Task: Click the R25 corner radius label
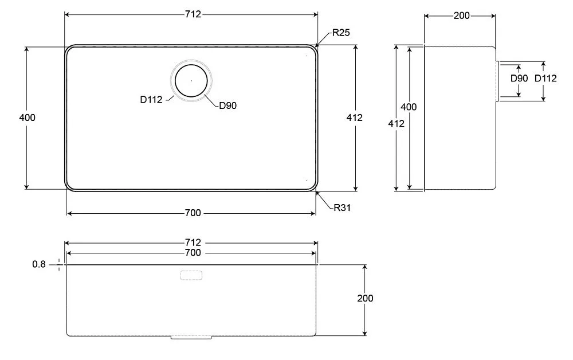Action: tap(341, 33)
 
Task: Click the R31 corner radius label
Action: tap(342, 208)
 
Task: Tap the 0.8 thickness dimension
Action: tap(39, 264)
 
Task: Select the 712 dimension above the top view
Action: tap(193, 14)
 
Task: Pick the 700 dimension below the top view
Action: tap(193, 213)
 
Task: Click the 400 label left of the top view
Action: tap(28, 118)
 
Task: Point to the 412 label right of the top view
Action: tap(355, 118)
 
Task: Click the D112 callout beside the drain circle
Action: tap(151, 99)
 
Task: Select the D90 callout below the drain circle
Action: tap(227, 105)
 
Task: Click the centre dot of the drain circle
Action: tap(191, 80)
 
